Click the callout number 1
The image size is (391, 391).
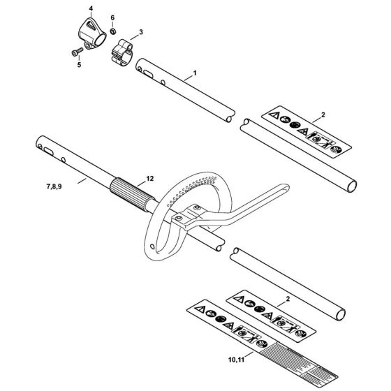pyautogui.click(x=194, y=72)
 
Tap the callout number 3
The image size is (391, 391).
pyautogui.click(x=141, y=31)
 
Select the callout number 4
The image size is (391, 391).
pyautogui.click(x=90, y=8)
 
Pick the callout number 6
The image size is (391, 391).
pyautogui.click(x=112, y=17)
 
